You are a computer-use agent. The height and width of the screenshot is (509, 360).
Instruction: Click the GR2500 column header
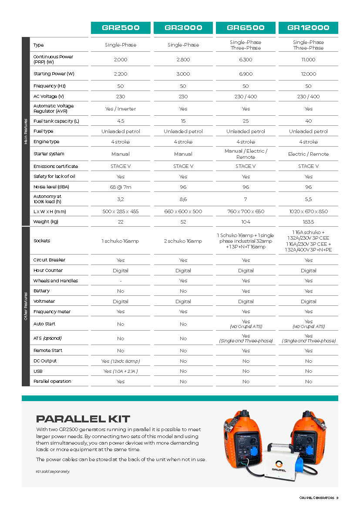(x=121, y=28)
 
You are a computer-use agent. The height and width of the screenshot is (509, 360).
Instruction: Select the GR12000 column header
(x=308, y=28)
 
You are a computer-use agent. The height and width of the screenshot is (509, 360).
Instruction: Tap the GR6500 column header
(x=246, y=28)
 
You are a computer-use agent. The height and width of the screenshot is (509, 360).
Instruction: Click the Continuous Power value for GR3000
(x=183, y=60)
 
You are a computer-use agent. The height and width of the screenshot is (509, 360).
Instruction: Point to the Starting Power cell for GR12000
(x=308, y=74)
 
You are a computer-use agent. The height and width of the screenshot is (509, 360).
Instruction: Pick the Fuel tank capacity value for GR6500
(x=246, y=121)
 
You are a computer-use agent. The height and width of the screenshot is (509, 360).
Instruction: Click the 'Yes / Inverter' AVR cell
(x=121, y=109)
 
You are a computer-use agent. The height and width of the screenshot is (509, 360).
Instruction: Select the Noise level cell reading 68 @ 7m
(x=121, y=187)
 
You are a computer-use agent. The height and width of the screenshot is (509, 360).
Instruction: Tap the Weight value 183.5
(x=308, y=222)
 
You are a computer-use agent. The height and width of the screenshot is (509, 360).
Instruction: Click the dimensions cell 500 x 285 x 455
(x=121, y=211)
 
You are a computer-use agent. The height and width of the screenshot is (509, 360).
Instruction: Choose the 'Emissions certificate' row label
(x=56, y=166)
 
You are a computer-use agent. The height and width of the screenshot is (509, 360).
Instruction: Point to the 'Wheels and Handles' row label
(x=56, y=281)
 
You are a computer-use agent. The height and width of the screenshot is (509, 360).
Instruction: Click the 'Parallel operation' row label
(x=52, y=382)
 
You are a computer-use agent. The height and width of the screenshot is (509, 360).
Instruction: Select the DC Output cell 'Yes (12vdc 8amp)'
(x=121, y=361)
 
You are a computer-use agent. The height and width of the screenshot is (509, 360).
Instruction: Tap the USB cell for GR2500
(x=121, y=372)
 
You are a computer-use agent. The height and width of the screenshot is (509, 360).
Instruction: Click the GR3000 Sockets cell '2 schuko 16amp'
(x=183, y=241)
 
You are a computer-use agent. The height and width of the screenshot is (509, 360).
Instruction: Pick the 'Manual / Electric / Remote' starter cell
(x=246, y=154)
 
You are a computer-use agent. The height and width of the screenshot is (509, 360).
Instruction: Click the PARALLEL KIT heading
(x=83, y=419)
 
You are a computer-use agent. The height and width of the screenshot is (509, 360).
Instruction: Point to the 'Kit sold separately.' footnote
(x=52, y=472)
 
